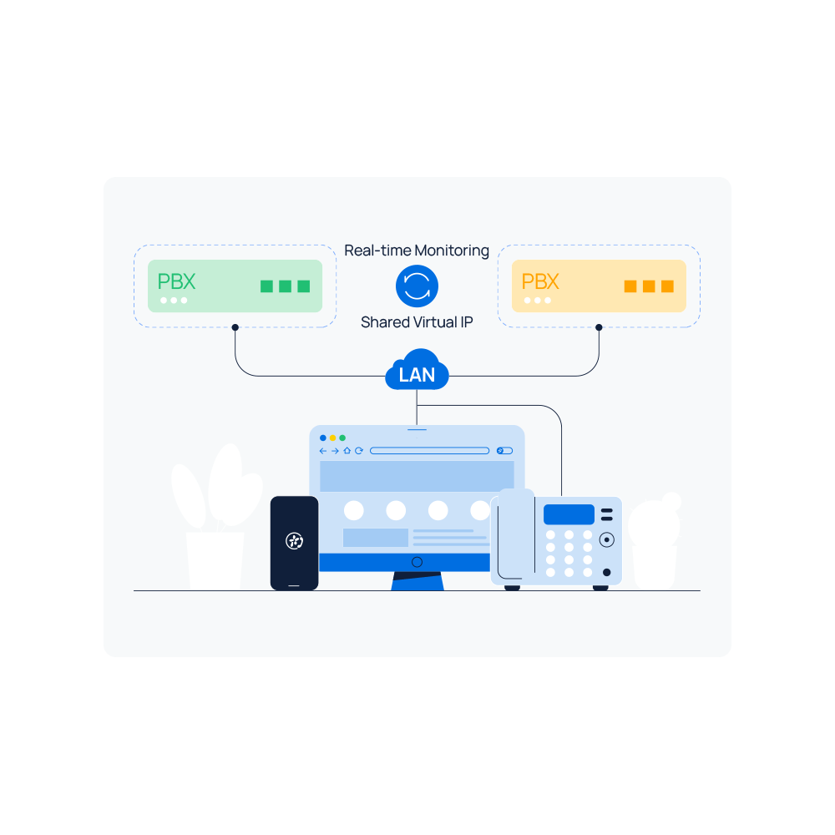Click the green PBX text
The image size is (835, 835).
(176, 281)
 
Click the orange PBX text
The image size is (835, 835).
(540, 281)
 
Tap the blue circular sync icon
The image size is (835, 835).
(417, 286)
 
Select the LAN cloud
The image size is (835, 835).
(417, 371)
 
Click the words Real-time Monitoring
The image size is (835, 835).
(417, 250)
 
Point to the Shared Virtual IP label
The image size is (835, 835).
(417, 322)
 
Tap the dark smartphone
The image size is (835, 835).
(295, 543)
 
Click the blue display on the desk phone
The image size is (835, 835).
(569, 514)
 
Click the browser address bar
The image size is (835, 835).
(429, 451)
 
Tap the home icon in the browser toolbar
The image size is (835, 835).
(347, 451)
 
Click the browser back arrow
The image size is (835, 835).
(322, 451)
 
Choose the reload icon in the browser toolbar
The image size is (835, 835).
(359, 451)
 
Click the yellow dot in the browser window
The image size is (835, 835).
(333, 438)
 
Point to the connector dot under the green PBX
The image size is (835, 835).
(235, 327)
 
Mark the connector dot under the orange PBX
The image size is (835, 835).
(599, 327)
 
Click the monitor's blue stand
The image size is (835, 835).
(417, 581)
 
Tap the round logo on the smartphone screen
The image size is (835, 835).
(295, 540)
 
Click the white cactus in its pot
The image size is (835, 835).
(655, 540)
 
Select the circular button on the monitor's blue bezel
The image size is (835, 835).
(417, 562)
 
